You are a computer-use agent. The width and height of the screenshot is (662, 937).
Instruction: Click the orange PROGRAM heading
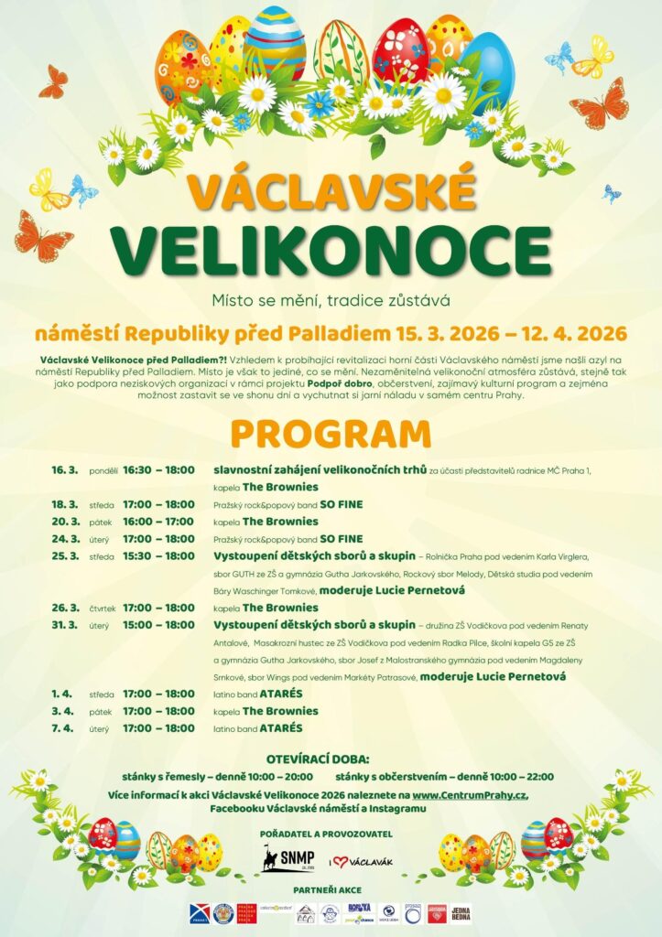click(x=331, y=434)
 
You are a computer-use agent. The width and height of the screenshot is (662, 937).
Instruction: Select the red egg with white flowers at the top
click(x=400, y=54)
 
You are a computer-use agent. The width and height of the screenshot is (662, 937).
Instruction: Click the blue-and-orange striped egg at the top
click(x=276, y=41)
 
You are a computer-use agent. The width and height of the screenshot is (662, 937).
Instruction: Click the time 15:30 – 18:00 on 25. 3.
click(x=159, y=556)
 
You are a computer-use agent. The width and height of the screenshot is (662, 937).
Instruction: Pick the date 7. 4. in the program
click(x=62, y=728)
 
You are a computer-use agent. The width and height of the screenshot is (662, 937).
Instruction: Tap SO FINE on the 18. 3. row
click(x=341, y=504)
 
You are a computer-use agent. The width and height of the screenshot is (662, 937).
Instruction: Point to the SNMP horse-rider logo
click(x=288, y=860)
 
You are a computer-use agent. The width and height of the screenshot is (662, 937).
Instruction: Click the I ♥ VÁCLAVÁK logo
click(x=364, y=861)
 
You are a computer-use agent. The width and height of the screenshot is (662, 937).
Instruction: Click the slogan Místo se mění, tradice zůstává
click(x=331, y=299)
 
